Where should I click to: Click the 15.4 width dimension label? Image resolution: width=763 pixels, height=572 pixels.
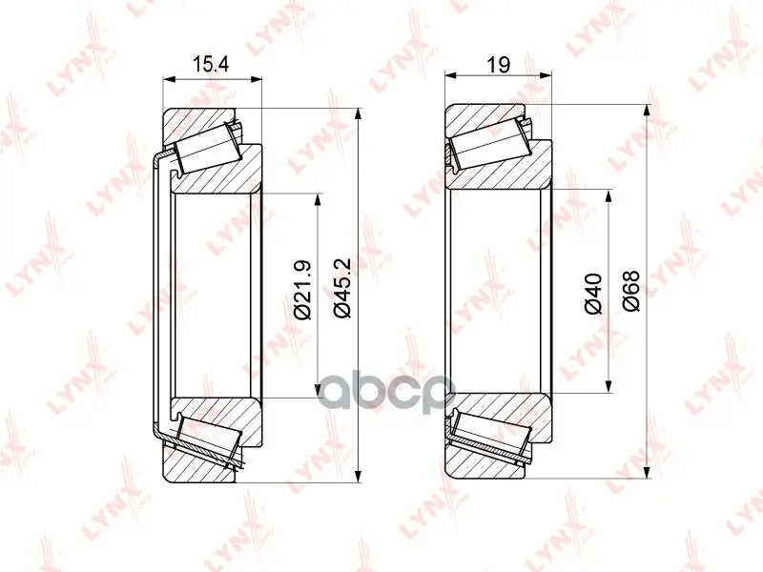point(211,64)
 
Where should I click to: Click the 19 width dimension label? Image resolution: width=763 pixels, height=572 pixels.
point(498,64)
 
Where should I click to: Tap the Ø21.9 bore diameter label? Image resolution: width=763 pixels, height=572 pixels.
point(303,291)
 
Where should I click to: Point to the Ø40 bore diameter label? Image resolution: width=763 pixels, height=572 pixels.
point(594,294)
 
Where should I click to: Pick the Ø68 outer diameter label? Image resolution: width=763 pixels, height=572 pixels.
point(631,291)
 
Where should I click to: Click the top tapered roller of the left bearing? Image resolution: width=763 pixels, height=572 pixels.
point(208,148)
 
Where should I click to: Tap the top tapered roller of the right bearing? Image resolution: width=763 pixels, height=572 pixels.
point(487,144)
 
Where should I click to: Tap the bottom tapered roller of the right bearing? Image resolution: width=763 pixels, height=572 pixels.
point(487,436)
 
